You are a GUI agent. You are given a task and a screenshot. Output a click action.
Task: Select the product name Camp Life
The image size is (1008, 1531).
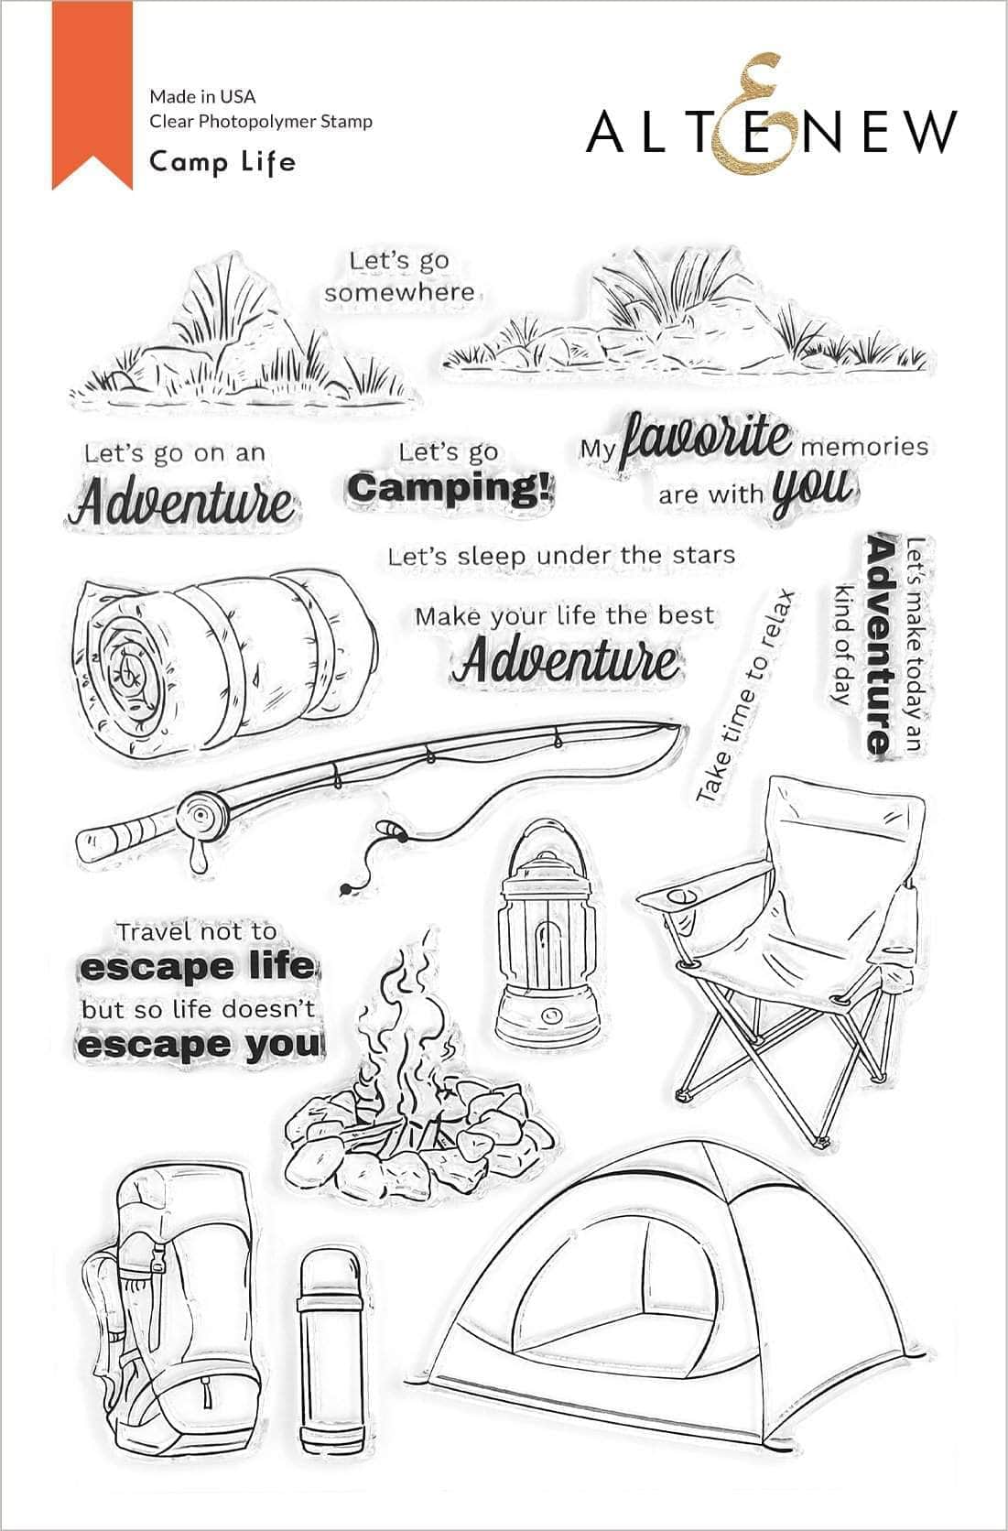[x=222, y=163]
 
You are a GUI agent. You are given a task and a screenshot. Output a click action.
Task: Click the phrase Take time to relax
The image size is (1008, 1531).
[x=745, y=696]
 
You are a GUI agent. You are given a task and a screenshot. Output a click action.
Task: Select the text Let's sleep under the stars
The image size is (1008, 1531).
[x=561, y=556]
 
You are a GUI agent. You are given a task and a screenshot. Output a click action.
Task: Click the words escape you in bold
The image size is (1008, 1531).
[x=199, y=1047]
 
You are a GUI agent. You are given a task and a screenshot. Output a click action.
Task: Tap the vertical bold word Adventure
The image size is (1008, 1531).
[x=879, y=644]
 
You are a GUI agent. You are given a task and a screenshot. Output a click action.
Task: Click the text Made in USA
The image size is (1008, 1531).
[x=202, y=96]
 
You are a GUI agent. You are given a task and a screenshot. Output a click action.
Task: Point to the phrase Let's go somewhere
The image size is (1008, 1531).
[x=399, y=277]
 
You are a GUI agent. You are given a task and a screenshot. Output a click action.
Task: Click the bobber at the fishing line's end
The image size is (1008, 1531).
[x=344, y=889]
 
